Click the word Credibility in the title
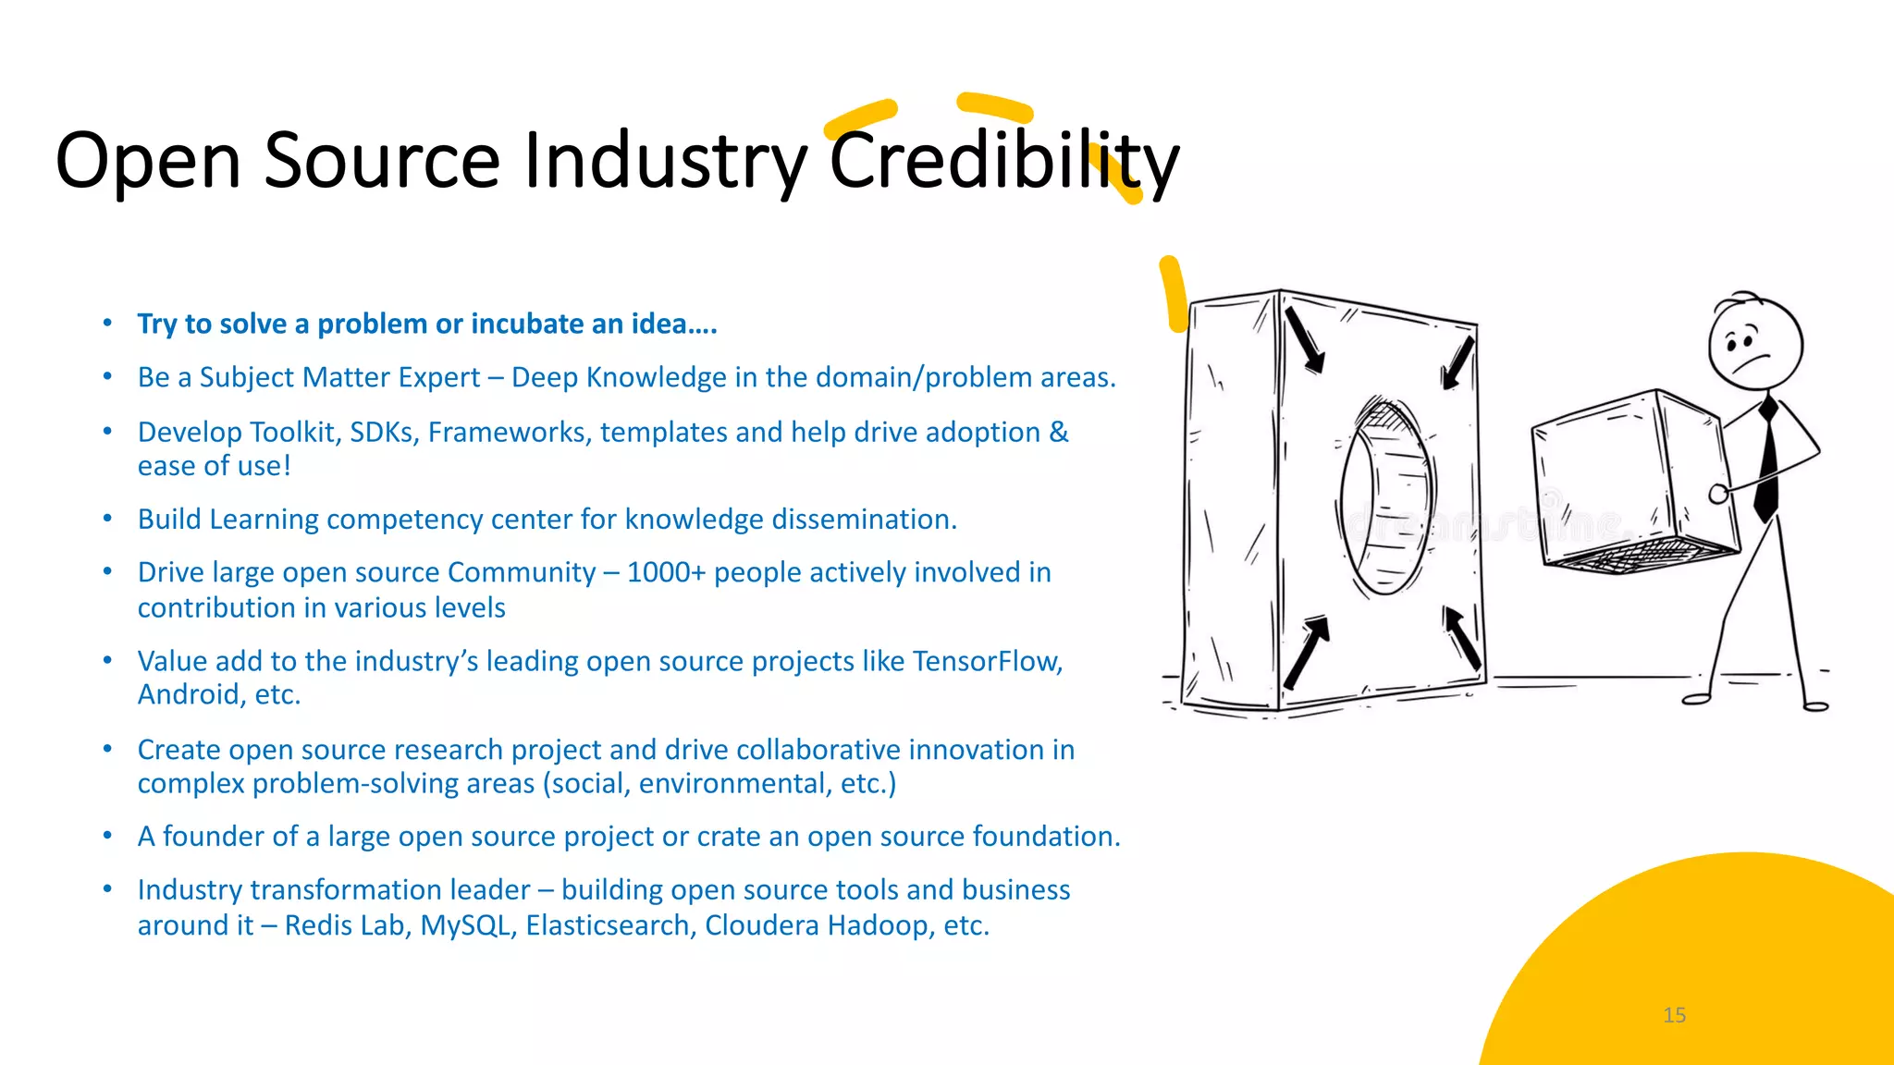[1003, 161]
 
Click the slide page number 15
[1674, 1015]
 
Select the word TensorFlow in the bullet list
[986, 661]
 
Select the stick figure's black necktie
[1767, 458]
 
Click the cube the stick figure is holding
[1630, 481]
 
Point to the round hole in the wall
[1385, 496]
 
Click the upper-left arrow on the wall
[1305, 340]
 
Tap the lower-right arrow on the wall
[1463, 638]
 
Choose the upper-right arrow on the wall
[1458, 362]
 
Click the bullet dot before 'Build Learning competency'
[107, 519]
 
